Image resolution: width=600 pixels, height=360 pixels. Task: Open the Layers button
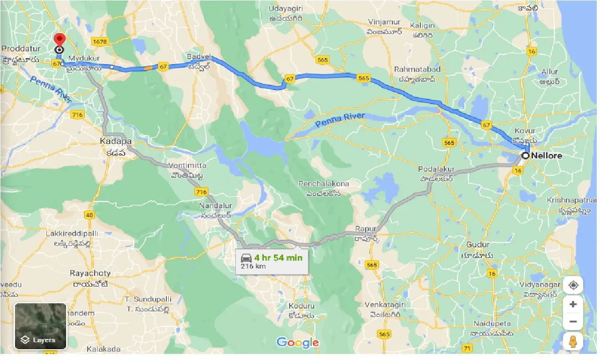click(x=41, y=326)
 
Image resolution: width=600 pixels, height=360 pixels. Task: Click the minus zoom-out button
click(x=573, y=322)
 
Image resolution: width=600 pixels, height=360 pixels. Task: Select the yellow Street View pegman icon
click(x=573, y=342)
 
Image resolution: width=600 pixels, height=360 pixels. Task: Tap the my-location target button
click(x=573, y=285)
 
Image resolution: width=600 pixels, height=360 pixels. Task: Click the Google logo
click(x=297, y=343)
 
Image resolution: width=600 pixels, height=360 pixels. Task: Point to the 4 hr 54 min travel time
click(x=278, y=257)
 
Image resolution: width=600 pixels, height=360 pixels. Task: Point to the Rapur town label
click(x=366, y=229)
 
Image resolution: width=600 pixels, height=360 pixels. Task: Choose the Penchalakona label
click(x=323, y=184)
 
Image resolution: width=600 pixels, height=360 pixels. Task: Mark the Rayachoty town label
click(x=90, y=273)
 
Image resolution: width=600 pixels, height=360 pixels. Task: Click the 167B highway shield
click(x=100, y=42)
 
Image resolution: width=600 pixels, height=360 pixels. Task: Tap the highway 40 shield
click(x=89, y=215)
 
